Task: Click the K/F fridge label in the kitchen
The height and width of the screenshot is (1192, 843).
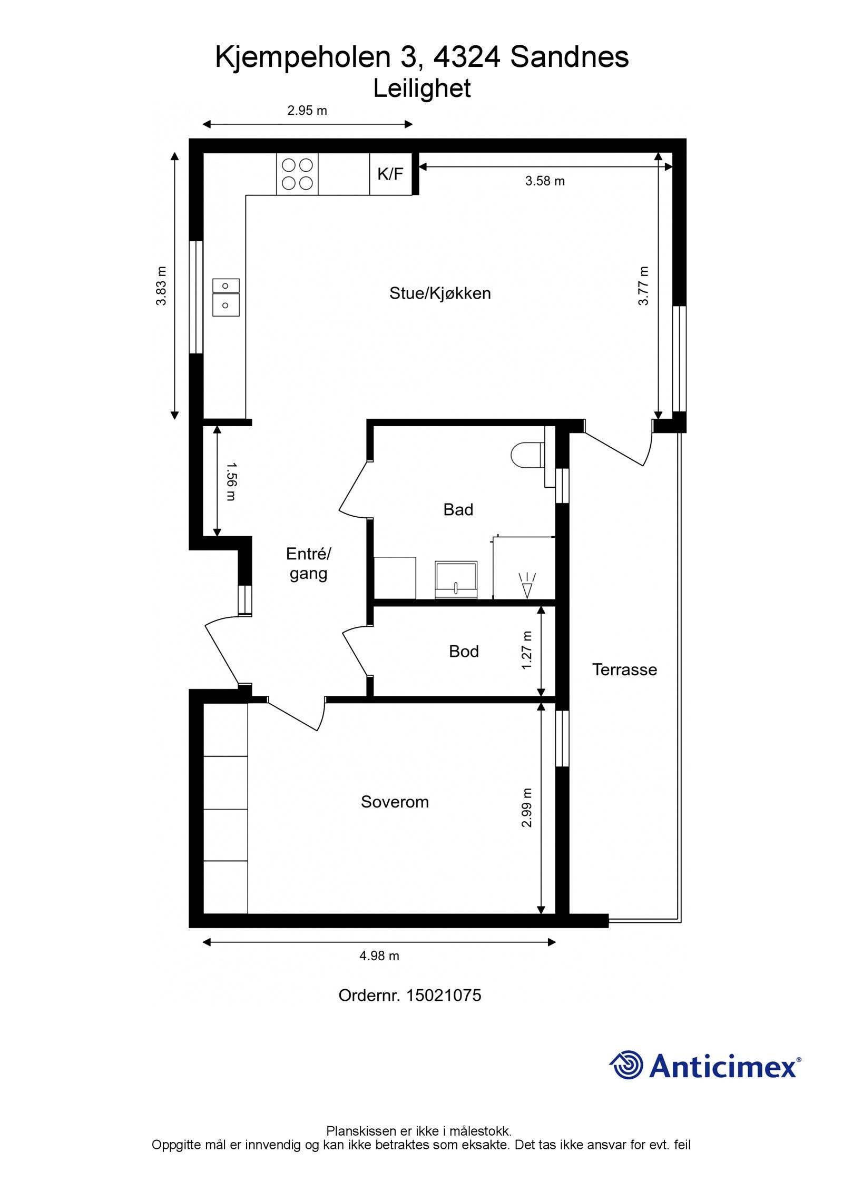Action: point(390,174)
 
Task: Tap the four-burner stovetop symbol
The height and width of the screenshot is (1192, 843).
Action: point(297,174)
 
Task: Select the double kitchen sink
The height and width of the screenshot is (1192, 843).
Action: point(226,298)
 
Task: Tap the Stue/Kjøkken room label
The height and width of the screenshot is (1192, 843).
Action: point(440,293)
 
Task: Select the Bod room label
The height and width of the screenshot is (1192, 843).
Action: point(464,652)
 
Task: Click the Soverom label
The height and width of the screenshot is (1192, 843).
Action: point(395,802)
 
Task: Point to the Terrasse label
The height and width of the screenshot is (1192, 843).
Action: point(624,669)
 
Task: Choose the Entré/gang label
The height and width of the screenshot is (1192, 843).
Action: point(308,564)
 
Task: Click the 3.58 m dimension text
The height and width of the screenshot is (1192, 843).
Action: point(545,181)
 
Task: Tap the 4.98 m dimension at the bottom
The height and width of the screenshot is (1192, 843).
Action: point(379,955)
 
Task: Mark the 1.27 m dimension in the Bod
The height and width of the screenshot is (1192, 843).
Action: point(526,651)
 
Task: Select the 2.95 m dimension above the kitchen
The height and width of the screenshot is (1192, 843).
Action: point(307,111)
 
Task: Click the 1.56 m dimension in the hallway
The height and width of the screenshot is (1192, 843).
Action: point(231,481)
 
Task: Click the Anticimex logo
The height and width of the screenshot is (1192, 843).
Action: point(705,1066)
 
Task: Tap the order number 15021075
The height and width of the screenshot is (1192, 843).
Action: point(409,995)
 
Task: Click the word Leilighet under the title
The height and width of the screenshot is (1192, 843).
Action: point(421,88)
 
